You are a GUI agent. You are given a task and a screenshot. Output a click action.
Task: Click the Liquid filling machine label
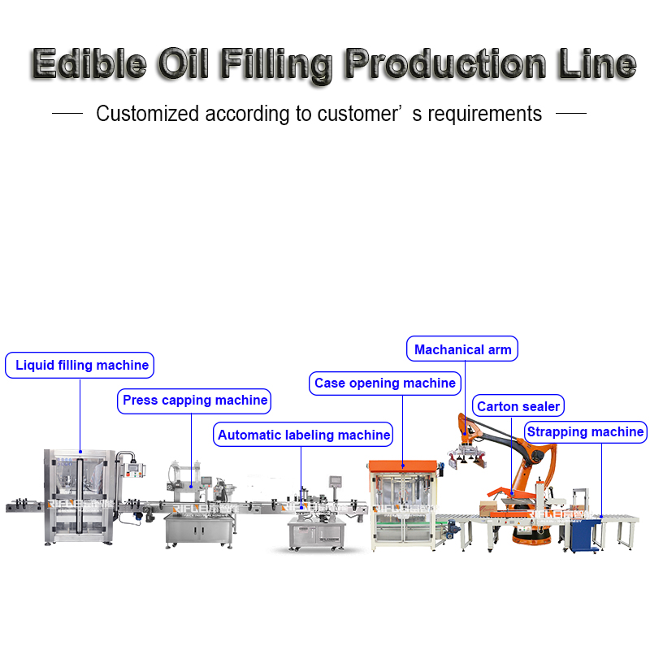click(82, 366)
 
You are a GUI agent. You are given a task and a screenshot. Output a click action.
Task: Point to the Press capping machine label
click(195, 401)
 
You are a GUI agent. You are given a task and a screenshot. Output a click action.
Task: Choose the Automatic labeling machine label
click(304, 435)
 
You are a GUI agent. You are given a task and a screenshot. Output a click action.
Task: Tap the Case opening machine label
click(385, 383)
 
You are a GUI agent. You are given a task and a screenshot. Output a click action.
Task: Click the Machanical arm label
click(463, 350)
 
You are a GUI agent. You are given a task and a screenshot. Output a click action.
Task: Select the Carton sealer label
click(518, 407)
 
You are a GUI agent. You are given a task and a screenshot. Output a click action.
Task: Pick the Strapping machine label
click(586, 432)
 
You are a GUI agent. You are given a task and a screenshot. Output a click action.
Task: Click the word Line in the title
click(598, 63)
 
